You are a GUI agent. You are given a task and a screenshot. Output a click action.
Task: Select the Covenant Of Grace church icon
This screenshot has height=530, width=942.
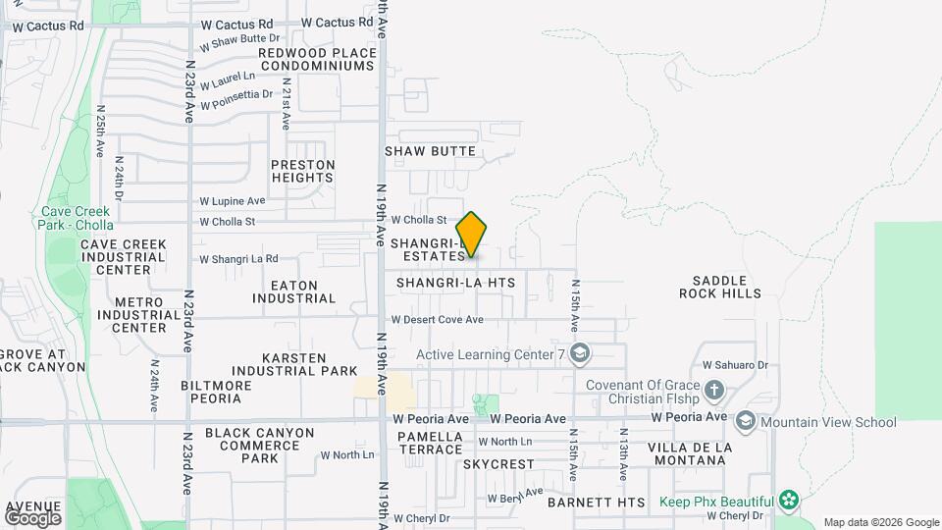[714, 391]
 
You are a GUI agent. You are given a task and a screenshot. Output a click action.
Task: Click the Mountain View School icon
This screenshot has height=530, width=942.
[745, 422]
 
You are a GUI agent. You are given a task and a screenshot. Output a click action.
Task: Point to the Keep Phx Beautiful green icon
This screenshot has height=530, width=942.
[788, 501]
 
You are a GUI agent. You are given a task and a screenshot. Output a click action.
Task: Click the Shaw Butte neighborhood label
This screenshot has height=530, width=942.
[430, 151]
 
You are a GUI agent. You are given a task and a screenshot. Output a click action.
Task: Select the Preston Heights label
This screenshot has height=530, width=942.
[303, 171]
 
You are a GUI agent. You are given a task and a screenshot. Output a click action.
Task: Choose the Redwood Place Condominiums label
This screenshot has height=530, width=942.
[317, 59]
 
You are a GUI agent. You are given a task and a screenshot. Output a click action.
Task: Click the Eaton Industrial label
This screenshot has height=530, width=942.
[302, 291]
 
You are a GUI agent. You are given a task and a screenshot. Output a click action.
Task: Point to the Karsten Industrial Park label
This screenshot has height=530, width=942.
[310, 364]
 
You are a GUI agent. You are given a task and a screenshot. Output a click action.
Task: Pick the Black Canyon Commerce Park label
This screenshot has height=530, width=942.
[260, 445]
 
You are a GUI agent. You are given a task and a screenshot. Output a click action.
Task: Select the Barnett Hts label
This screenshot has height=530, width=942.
[596, 503]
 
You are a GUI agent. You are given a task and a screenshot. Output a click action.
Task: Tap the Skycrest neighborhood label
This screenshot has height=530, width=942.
[498, 464]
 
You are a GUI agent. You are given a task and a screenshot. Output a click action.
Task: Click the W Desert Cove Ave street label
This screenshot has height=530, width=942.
[438, 320]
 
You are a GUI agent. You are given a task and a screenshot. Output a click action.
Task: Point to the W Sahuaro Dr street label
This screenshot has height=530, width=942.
[733, 365]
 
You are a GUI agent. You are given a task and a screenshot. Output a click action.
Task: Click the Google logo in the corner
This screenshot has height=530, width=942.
[32, 517]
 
